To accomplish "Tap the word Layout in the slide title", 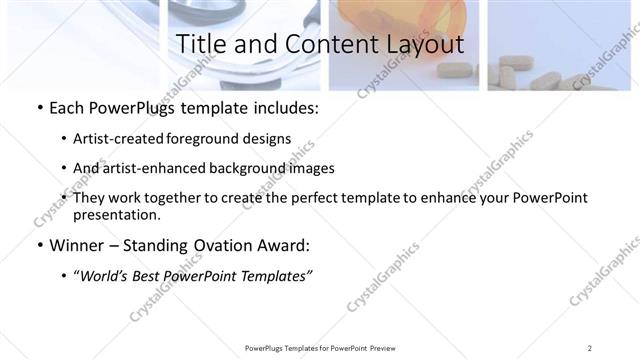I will click(425, 44).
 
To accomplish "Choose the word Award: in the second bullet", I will click(288, 245).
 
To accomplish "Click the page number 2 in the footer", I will click(590, 348).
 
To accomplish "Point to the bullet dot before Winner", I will click(38, 246).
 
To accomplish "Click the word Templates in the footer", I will click(297, 348).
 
